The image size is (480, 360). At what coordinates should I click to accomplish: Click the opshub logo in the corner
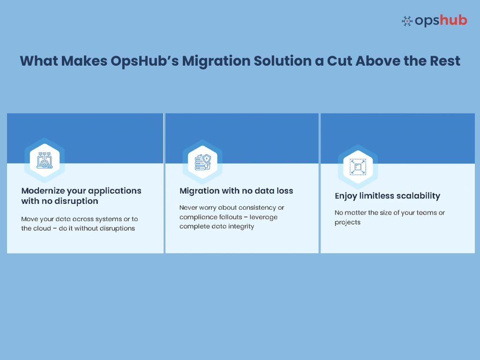pyautogui.click(x=434, y=21)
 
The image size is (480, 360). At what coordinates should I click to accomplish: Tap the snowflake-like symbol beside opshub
pyautogui.click(x=407, y=21)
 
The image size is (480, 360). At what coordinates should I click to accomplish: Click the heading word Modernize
pyautogui.click(x=43, y=191)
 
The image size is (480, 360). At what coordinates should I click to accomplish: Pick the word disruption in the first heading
pyautogui.click(x=75, y=201)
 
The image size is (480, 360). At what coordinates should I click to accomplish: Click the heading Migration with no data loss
pyautogui.click(x=236, y=191)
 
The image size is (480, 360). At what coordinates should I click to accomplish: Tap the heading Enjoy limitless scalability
pyautogui.click(x=387, y=196)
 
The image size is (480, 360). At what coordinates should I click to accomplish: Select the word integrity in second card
pyautogui.click(x=240, y=226)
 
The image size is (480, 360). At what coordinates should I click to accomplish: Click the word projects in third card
pyautogui.click(x=347, y=222)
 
